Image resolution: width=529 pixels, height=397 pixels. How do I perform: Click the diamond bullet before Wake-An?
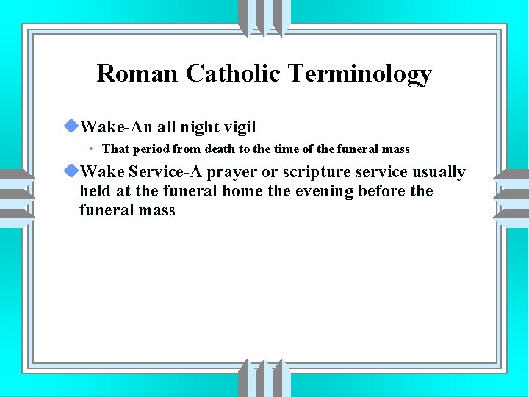pyautogui.click(x=71, y=126)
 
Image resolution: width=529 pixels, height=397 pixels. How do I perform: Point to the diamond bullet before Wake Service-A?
pyautogui.click(x=71, y=171)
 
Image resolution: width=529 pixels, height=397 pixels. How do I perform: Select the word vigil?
pyautogui.click(x=240, y=128)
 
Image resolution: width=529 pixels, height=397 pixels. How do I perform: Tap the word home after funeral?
pyautogui.click(x=250, y=191)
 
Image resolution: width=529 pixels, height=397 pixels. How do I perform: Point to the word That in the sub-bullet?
pyautogui.click(x=115, y=149)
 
